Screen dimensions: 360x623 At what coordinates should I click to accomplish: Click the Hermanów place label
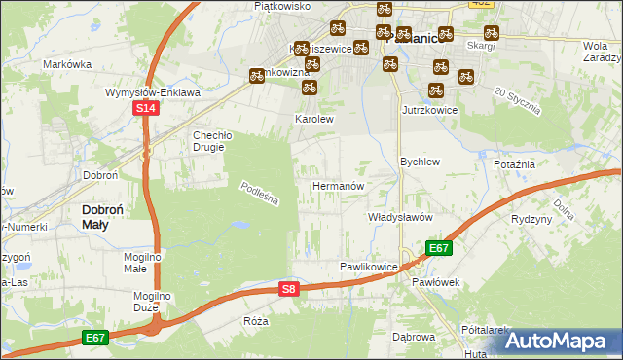(338, 185)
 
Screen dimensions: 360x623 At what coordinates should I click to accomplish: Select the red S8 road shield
(288, 289)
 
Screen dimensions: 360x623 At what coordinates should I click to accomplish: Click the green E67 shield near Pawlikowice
(438, 248)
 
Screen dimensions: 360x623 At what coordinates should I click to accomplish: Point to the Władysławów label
(399, 217)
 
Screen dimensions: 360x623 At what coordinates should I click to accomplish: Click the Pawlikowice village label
(368, 267)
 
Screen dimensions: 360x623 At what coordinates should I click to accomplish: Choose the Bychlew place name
(421, 162)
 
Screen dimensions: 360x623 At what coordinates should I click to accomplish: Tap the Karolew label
(314, 120)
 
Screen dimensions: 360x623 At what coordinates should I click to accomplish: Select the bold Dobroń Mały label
(108, 216)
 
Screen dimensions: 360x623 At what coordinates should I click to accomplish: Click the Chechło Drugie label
(209, 141)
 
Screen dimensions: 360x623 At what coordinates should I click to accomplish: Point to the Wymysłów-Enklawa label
(153, 93)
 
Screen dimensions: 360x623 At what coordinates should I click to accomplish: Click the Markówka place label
(67, 64)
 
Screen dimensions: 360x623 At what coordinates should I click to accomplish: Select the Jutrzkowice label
(429, 111)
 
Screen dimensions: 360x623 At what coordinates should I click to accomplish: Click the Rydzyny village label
(531, 219)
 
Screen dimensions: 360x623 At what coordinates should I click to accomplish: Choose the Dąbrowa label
(413, 337)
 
